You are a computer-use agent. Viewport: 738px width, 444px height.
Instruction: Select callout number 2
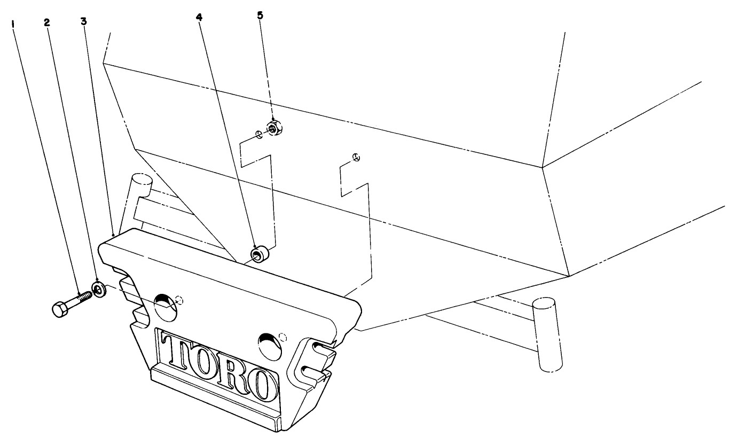tap(47, 22)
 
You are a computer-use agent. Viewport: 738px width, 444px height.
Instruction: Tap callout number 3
tap(83, 21)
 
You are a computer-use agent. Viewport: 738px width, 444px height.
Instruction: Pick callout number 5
tap(260, 15)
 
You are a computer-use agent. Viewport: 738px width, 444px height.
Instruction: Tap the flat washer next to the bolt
tap(99, 290)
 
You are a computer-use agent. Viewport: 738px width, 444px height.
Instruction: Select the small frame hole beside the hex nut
tap(259, 135)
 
